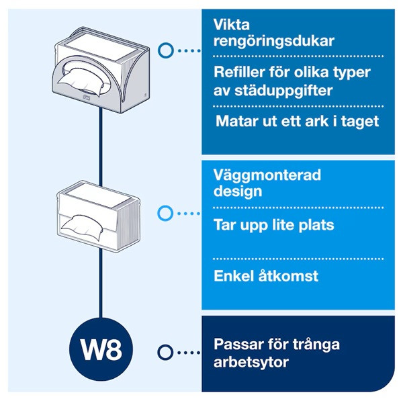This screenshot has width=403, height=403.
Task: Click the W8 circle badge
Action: click(x=101, y=351)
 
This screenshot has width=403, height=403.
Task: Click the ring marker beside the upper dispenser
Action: click(x=165, y=50)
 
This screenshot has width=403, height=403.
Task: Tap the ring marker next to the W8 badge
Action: click(x=165, y=351)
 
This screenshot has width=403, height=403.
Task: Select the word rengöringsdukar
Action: click(x=263, y=41)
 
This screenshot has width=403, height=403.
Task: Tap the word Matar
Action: click(x=236, y=122)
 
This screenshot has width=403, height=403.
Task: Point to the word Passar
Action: click(x=236, y=345)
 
